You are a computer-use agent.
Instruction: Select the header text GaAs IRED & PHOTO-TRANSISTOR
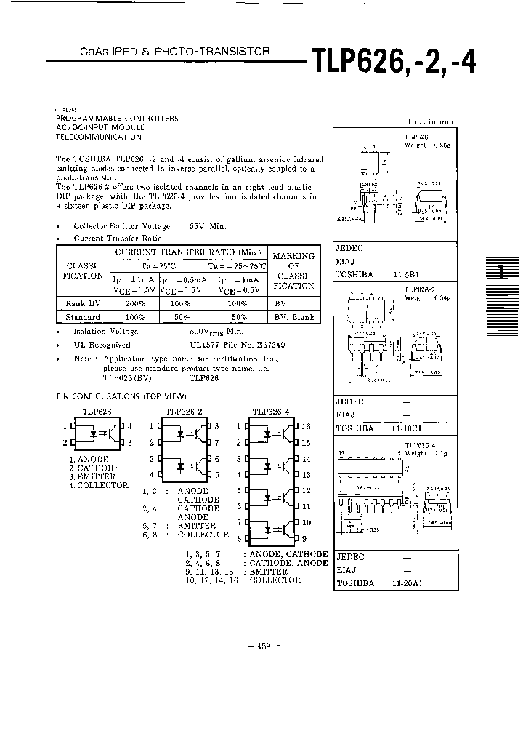coord(174,52)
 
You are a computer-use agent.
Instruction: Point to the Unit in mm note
coord(430,121)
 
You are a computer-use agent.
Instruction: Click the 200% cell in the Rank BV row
coord(134,303)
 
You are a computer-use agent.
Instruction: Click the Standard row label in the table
coord(84,317)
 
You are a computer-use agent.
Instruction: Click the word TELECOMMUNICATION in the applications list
coord(99,137)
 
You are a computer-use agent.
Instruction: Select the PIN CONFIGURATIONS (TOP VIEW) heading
coord(121,396)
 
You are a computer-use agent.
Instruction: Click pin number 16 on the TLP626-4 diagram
coord(306,426)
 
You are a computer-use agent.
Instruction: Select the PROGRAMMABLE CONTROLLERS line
coord(116,118)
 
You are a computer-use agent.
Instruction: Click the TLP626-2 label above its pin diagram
coord(183,412)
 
